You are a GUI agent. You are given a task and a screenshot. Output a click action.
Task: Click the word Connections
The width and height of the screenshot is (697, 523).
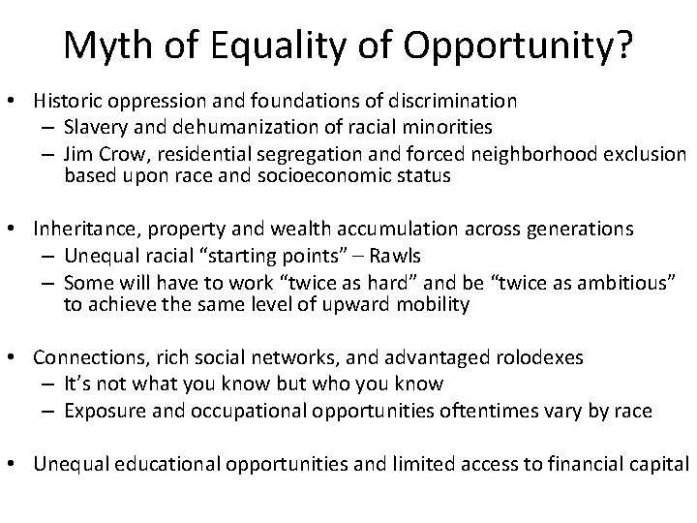pyautogui.click(x=82, y=358)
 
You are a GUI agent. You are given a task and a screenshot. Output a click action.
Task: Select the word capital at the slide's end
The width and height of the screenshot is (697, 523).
pyautogui.click(x=658, y=463)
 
